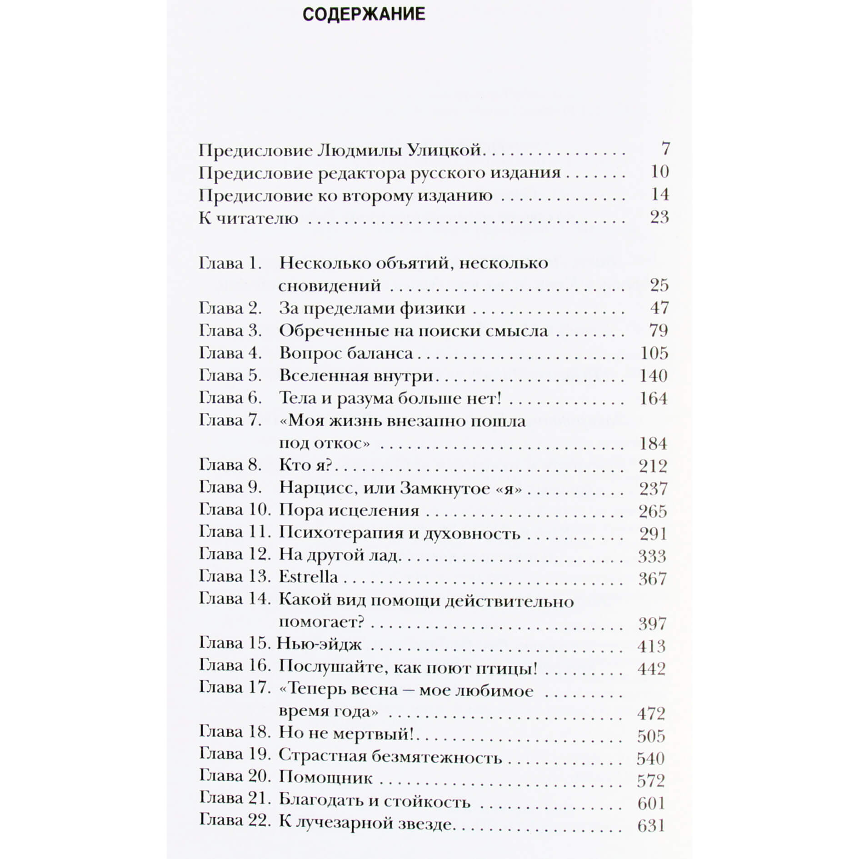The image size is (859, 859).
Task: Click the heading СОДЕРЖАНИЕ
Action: pos(364,14)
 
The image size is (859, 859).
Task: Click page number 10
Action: pos(659,172)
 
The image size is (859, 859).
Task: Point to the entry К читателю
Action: pos(248,218)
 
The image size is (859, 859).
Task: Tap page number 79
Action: pos(659,330)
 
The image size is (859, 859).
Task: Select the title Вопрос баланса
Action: pos(346,353)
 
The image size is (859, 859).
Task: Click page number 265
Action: pos(653,511)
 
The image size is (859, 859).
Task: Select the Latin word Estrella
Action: pos(308,577)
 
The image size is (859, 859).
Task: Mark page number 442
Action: pos(652,669)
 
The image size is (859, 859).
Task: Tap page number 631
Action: pos(651,825)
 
